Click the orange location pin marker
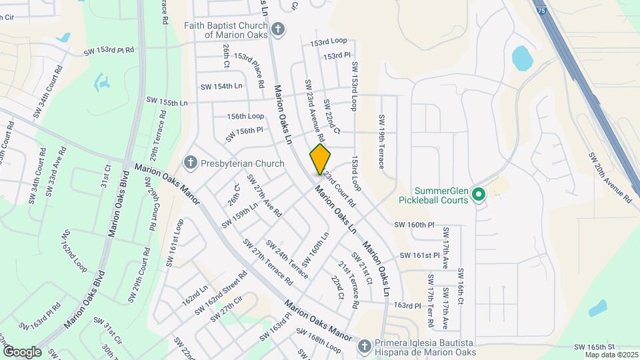[x=320, y=159]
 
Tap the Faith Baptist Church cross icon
[x=278, y=29]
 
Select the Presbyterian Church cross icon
[x=190, y=163]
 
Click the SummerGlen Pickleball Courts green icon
[x=478, y=195]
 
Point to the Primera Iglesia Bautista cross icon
[x=364, y=345]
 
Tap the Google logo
[x=22, y=351]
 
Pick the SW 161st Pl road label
[x=419, y=255]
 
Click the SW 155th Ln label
[x=165, y=103]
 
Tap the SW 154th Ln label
[x=221, y=87]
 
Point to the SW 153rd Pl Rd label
[x=109, y=50]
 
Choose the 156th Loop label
[x=245, y=115]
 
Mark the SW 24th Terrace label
[x=287, y=258]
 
